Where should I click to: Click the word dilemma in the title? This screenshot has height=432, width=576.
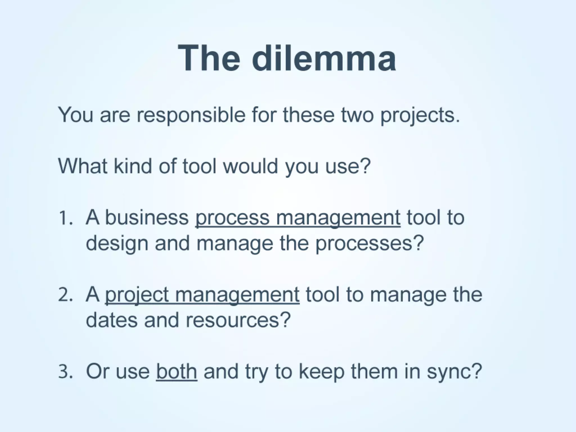coord(324,58)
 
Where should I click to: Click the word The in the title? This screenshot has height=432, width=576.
coord(209,58)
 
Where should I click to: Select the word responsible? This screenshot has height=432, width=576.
coord(191,115)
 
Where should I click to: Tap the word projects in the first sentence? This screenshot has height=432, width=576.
coord(420,116)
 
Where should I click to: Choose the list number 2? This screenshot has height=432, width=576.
coord(65,295)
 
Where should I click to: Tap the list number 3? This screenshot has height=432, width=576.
coord(65,372)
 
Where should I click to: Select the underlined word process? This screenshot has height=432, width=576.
coord(232,218)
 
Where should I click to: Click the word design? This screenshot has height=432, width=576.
coord(117,244)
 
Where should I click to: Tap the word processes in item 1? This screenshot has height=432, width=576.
coord(369,244)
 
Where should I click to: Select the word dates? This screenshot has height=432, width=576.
coord(112,320)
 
